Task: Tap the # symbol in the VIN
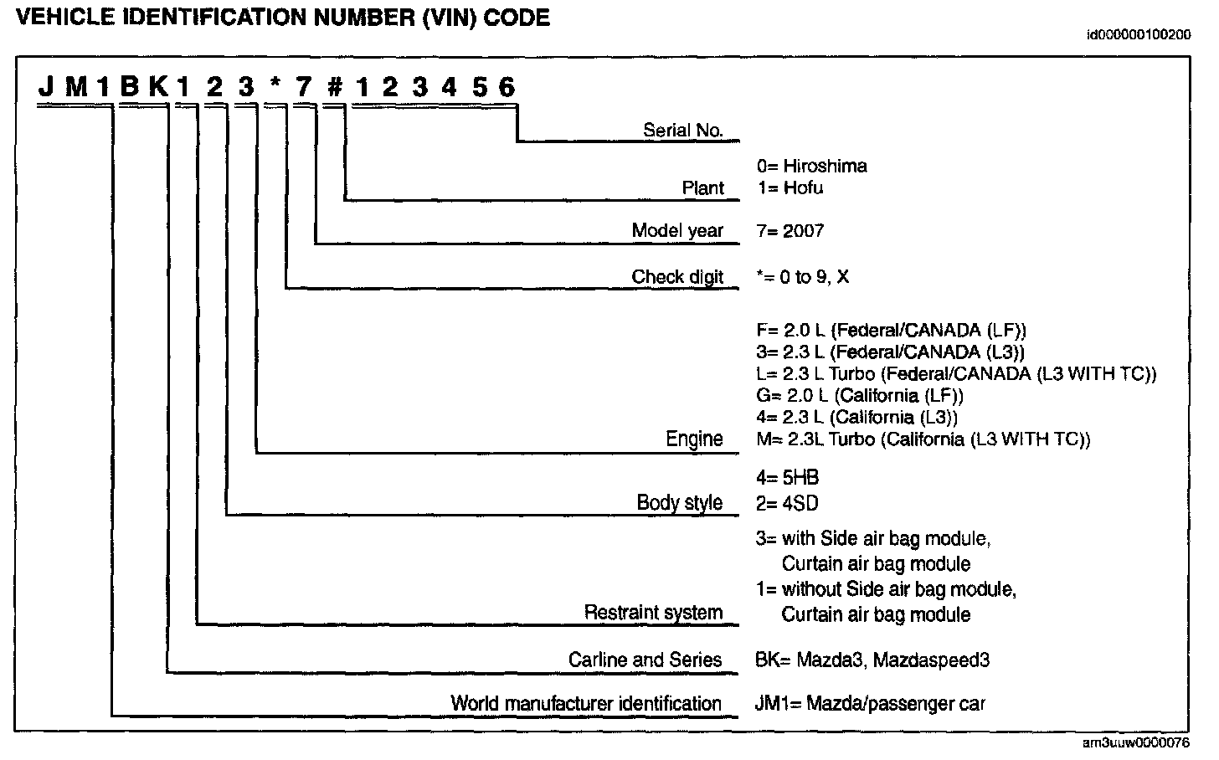(333, 87)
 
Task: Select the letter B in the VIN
(129, 87)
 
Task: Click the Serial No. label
(682, 130)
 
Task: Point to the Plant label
(702, 187)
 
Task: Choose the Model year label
(677, 231)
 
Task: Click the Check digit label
(677, 277)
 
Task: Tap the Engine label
(694, 439)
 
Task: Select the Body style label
(679, 502)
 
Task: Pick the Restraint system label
(653, 613)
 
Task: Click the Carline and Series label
(645, 660)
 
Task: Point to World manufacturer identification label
(586, 703)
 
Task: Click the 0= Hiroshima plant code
(811, 166)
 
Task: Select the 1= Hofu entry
(790, 187)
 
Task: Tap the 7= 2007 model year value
(790, 231)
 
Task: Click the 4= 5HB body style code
(787, 478)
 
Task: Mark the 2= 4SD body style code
(786, 503)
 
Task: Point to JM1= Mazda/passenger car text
(870, 703)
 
